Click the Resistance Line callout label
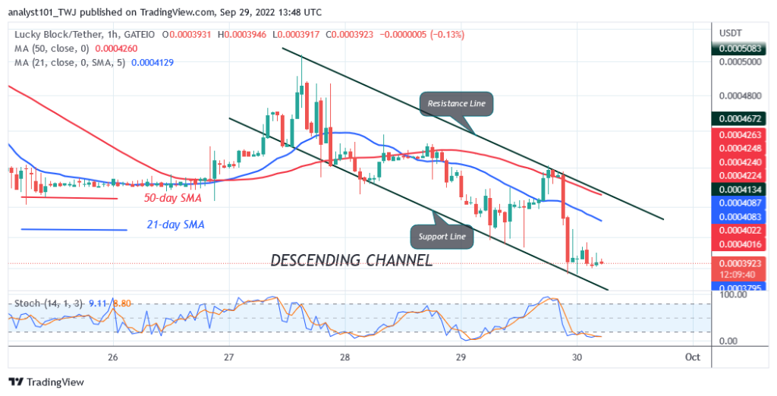pos(456,103)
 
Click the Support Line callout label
pos(445,237)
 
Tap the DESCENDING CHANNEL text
pos(351,260)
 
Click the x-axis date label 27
pos(228,357)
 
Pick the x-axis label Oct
pos(692,357)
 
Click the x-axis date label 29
pos(461,357)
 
